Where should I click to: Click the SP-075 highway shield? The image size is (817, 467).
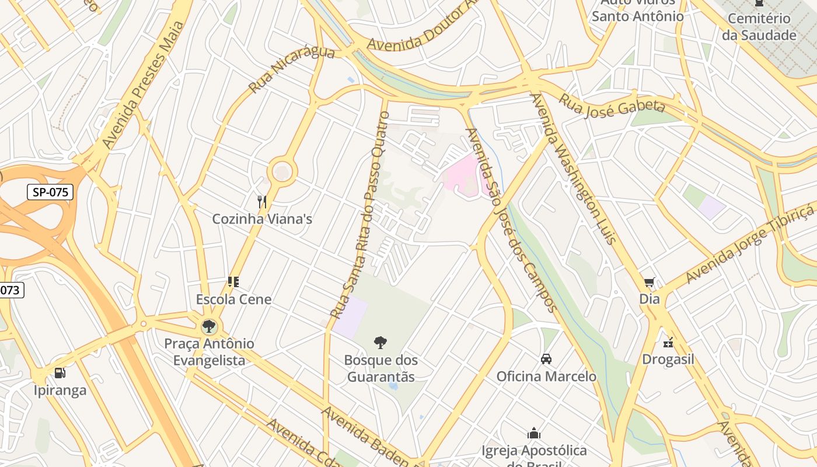50,192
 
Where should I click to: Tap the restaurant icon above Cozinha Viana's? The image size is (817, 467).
262,202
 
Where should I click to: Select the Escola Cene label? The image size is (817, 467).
233,299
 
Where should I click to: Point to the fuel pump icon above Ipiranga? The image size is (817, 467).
60,373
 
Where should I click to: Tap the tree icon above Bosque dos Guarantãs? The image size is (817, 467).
380,343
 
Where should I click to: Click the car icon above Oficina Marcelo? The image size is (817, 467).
546,359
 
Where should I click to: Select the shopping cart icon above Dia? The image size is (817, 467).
649,283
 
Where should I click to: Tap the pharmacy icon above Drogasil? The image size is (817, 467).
668,342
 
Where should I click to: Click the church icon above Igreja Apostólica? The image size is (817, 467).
534,433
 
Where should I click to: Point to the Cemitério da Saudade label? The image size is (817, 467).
759,27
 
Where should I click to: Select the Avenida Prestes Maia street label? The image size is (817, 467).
142,85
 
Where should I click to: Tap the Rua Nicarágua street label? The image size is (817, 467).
291,69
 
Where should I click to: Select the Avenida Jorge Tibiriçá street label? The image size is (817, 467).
750,244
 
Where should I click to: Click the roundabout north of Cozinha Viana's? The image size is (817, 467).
282,172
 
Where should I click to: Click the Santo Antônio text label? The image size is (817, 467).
637,16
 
